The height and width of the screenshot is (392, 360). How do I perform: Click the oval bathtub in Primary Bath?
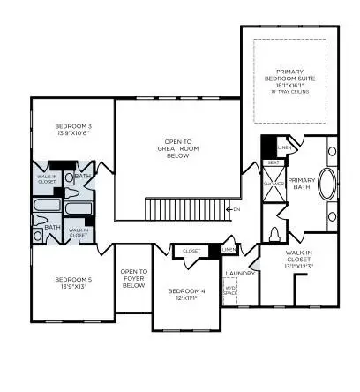pos(327,188)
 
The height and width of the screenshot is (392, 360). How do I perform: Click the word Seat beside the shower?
pos(274,162)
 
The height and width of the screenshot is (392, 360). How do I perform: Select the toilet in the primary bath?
pos(275,233)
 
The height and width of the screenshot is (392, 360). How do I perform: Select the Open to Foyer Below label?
pos(133,278)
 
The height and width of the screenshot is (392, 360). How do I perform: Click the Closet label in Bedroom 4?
pos(191,252)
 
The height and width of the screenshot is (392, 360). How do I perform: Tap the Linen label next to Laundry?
pos(229,252)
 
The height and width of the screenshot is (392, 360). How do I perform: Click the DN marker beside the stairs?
pos(235,209)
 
